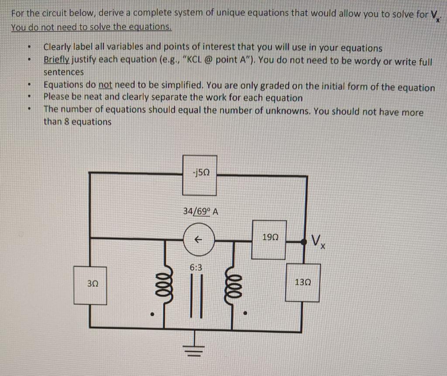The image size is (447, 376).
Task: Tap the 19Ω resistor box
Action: tap(269, 240)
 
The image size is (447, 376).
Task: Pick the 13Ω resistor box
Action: tap(303, 282)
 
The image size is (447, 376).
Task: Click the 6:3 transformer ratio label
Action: tap(196, 267)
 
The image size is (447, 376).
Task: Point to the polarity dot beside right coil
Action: tap(246, 313)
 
